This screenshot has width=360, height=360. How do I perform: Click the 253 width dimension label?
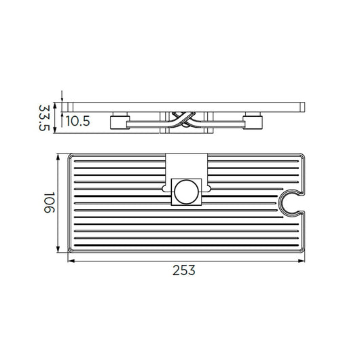click(x=184, y=270)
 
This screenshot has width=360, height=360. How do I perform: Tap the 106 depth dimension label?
click(x=49, y=202)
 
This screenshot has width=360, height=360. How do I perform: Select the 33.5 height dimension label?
click(x=44, y=118)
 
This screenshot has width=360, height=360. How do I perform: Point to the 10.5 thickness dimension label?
click(x=78, y=121)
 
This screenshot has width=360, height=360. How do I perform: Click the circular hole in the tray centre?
click(x=186, y=192)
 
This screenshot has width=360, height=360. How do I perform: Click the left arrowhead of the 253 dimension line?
click(x=71, y=261)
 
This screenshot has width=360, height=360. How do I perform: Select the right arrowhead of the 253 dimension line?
click(x=302, y=261)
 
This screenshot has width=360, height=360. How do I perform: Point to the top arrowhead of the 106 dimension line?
click(x=58, y=158)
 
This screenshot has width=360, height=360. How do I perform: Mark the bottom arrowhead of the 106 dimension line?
click(x=58, y=249)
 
